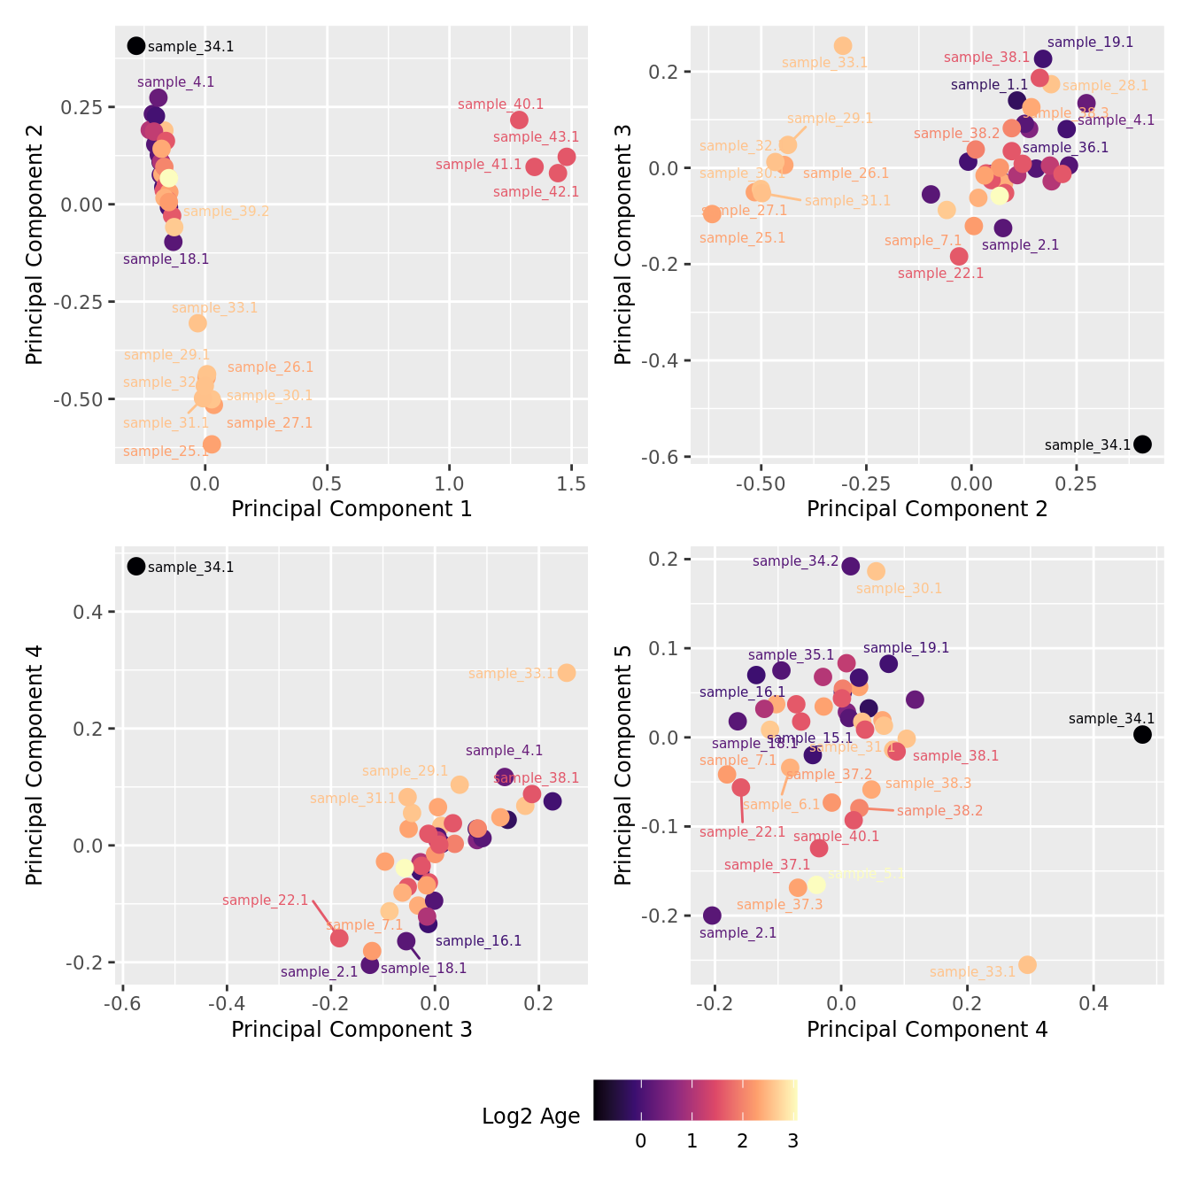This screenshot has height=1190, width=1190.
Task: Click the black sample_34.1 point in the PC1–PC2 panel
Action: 135,46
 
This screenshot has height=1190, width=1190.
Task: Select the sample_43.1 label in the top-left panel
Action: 536,137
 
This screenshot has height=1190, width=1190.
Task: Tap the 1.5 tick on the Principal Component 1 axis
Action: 572,483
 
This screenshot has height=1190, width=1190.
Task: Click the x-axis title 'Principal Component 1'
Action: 352,509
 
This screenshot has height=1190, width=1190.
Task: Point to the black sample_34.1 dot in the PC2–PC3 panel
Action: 1142,444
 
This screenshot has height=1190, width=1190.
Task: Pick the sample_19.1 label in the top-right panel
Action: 1090,42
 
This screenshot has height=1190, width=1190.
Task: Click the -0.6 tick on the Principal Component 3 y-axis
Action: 665,457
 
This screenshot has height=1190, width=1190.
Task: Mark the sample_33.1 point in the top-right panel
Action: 843,46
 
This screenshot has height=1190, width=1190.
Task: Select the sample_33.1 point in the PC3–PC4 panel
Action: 567,673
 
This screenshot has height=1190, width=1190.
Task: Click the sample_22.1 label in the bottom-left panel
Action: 265,900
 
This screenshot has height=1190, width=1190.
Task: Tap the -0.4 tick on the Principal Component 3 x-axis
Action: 227,1004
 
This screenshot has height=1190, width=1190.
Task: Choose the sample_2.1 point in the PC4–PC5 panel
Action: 712,916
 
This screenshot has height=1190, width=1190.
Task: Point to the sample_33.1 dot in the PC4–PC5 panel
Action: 1027,965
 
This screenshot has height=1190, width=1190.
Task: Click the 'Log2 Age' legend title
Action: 531,1117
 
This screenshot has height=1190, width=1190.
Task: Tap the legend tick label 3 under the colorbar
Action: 792,1141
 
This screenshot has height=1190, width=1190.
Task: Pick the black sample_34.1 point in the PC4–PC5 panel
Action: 1142,735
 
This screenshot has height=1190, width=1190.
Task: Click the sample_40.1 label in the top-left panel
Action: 500,104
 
